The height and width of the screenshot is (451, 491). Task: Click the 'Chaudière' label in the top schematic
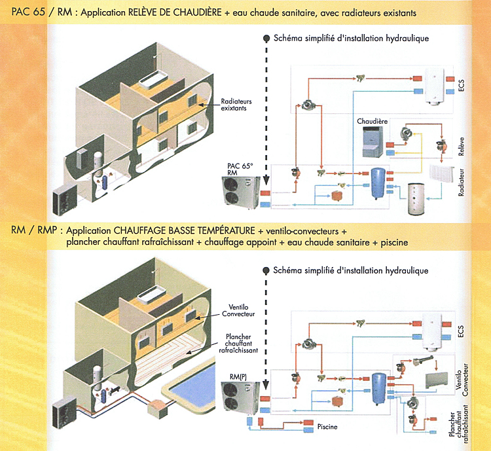point(372,121)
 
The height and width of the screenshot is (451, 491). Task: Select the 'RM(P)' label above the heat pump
point(238,377)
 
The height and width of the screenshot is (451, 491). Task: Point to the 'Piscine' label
point(327,427)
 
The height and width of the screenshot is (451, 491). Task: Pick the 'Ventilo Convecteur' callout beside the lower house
point(238,310)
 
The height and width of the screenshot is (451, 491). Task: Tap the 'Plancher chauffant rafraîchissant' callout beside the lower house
point(238,344)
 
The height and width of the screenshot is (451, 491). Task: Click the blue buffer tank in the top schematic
point(378,183)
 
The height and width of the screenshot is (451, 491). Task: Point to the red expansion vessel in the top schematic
point(337,196)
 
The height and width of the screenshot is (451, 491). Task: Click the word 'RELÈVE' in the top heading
point(144,12)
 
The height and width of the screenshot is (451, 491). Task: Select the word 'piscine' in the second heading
point(394,243)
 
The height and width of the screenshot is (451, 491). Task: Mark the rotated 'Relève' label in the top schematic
point(461,146)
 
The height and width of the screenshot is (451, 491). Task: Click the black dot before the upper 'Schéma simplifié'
point(266,39)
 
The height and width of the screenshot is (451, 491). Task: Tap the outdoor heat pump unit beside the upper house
point(65,199)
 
